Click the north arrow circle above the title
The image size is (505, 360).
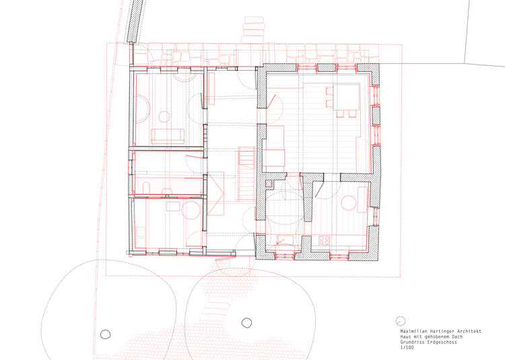[x=400, y=321]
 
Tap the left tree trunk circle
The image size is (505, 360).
[x=105, y=333]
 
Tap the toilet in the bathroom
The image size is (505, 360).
[x=147, y=184]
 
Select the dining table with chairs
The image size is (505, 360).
[x=347, y=98]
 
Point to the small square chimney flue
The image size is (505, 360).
[x=270, y=182]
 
